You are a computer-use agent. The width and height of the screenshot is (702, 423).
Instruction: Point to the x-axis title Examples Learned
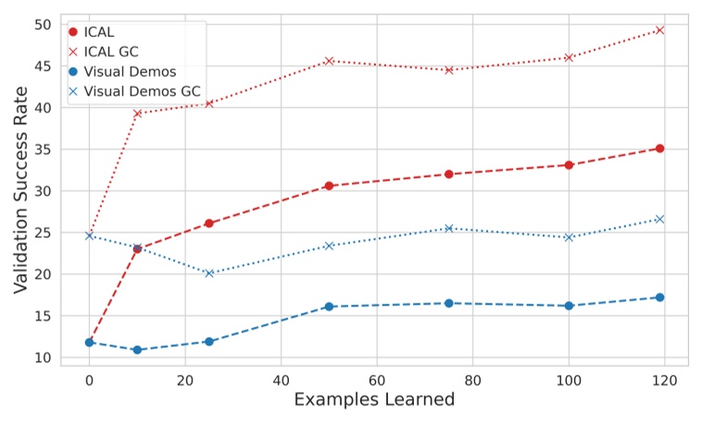[x=375, y=400]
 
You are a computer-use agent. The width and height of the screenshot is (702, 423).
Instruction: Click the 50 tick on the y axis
[x=44, y=24]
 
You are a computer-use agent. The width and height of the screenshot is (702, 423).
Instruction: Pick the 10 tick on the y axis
[x=44, y=358]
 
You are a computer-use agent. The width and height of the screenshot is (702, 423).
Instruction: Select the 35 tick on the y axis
[x=44, y=149]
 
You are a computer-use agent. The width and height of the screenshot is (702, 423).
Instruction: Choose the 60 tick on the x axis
[x=377, y=379]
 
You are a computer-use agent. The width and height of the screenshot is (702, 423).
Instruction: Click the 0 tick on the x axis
[x=90, y=379]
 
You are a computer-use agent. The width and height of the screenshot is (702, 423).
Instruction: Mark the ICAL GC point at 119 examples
[x=659, y=30]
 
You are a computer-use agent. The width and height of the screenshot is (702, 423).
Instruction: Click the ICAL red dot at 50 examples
[x=329, y=186]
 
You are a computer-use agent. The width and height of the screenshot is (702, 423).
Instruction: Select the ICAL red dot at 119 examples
[x=659, y=148]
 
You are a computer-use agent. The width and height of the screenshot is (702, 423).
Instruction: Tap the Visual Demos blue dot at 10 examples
[x=137, y=350]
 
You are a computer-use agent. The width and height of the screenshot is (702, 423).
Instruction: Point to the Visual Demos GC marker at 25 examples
[x=209, y=273]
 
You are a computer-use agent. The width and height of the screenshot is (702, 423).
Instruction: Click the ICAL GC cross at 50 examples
[x=329, y=61]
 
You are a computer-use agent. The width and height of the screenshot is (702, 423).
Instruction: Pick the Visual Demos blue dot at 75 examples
[x=448, y=304]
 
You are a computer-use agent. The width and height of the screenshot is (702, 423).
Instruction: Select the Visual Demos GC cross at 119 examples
[x=659, y=219]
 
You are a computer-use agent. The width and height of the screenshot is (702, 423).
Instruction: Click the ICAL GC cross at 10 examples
[x=137, y=114]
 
